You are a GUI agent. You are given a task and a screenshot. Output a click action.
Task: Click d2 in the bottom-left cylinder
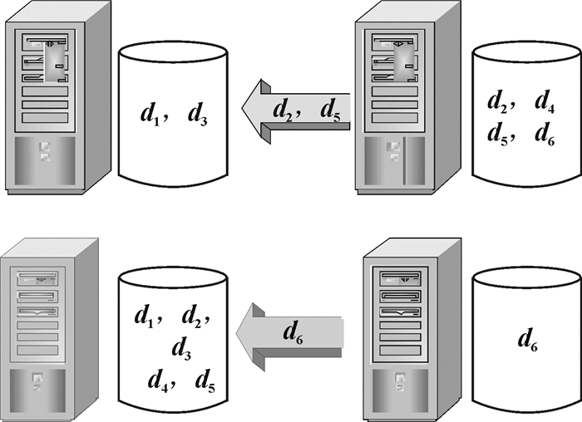[x=193, y=316]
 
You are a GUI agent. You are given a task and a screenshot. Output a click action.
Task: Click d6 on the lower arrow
[x=292, y=333]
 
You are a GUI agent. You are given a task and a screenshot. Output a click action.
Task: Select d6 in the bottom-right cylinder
[x=527, y=338]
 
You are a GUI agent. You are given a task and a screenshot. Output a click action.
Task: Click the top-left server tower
[x=54, y=100]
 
